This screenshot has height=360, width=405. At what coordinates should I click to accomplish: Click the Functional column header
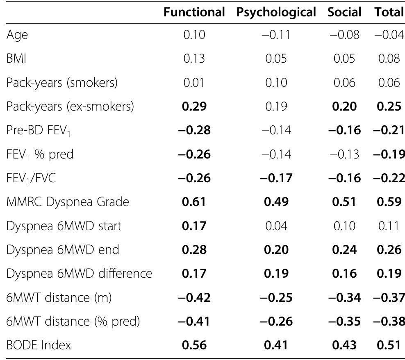tap(194, 12)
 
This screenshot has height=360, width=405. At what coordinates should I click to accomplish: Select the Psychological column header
tap(276, 12)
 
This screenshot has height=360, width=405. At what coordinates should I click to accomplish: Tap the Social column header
tap(344, 12)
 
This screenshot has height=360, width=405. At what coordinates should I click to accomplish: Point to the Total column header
tap(389, 12)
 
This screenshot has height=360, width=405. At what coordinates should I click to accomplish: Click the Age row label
tap(17, 36)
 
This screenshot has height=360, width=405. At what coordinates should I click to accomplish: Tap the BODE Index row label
tap(39, 345)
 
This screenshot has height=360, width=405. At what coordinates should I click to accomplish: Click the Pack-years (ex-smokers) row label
tap(70, 106)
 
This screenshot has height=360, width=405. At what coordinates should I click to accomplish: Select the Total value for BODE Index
tap(389, 345)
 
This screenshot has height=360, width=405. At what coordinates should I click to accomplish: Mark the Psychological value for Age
tap(276, 35)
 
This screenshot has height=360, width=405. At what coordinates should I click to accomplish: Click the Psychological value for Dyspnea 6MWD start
tap(276, 226)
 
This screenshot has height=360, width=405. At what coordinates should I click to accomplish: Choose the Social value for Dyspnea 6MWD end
tap(344, 249)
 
